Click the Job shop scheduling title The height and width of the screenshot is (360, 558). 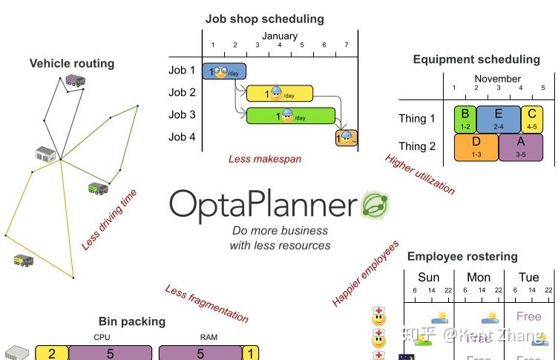click(x=264, y=19)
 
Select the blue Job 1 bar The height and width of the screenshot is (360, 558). click(x=223, y=71)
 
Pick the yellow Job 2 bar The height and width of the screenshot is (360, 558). click(x=280, y=94)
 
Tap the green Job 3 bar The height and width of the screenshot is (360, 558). click(x=290, y=116)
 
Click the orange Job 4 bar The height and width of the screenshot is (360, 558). click(x=347, y=137)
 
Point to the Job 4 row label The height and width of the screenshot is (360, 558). click(x=182, y=137)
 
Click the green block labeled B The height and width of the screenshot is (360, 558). click(x=465, y=118)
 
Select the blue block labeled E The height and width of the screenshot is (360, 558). click(x=498, y=118)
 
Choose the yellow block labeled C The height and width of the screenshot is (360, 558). click(x=531, y=118)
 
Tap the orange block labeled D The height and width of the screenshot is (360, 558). click(x=476, y=146)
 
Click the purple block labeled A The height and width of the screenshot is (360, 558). click(x=521, y=146)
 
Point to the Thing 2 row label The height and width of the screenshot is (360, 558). click(x=417, y=146)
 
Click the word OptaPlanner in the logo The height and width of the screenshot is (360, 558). click(x=263, y=205)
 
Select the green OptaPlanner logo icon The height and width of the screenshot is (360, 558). click(x=375, y=205)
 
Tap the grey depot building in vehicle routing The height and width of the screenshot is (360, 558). click(x=46, y=154)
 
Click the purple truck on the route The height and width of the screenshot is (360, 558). click(x=74, y=80)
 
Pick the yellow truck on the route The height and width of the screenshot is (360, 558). click(x=22, y=260)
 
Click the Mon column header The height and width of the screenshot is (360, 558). click(x=479, y=278)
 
